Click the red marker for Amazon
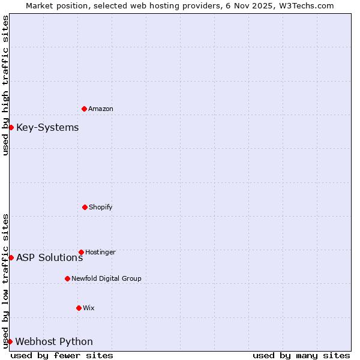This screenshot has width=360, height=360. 85,109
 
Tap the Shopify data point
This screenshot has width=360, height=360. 85,207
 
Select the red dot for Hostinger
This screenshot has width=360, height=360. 81,252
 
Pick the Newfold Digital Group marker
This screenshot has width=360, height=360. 67,278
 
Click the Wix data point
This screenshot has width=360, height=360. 79,308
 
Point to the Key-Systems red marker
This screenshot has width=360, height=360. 11,127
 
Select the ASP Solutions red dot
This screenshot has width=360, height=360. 11,257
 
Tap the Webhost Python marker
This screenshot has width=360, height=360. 10,341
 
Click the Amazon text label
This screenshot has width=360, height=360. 101,109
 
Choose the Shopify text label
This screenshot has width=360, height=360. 100,207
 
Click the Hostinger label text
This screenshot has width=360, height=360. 100,252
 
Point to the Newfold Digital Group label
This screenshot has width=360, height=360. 106,278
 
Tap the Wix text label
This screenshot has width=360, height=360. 89,308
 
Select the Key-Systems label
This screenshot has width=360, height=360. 47,127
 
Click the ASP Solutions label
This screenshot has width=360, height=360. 49,257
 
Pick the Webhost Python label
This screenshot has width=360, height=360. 54,341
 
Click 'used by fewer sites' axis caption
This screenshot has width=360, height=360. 62,355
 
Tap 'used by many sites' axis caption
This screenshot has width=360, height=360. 301,355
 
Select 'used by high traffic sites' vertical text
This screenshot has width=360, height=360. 5,85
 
